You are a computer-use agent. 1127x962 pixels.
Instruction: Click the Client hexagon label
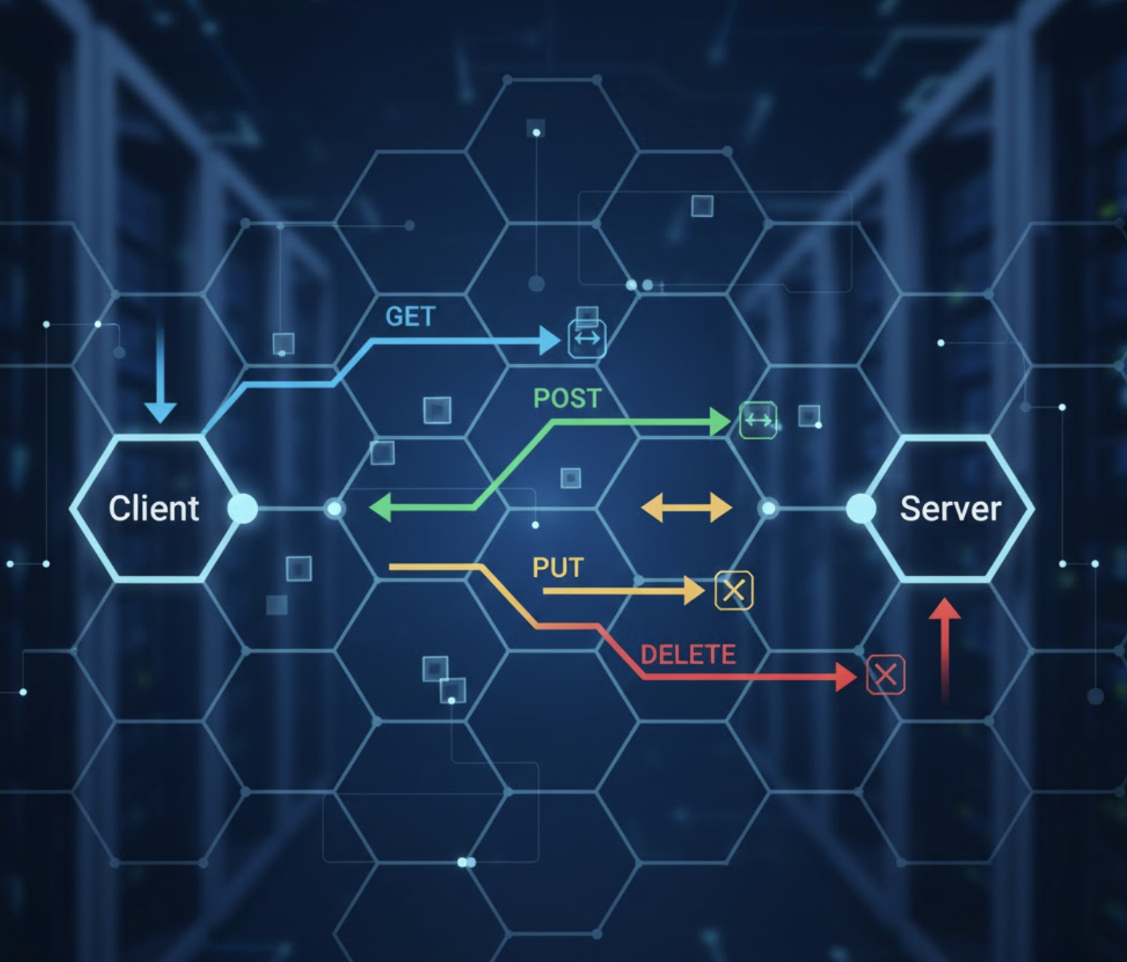tap(154, 508)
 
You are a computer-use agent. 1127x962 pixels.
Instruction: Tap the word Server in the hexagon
tap(950, 508)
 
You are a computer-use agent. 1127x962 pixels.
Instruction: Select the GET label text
tap(410, 317)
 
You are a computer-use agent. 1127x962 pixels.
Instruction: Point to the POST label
tap(568, 398)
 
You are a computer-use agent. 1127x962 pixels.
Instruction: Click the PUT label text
tap(557, 568)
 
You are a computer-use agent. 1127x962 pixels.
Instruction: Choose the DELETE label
tap(688, 654)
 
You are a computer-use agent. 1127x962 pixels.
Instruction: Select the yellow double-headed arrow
tap(686, 508)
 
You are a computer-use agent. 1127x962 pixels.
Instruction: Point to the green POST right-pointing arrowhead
tap(719, 421)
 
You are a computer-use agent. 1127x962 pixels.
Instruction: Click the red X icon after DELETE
tap(886, 674)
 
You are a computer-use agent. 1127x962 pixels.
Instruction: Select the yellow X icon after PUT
tap(734, 591)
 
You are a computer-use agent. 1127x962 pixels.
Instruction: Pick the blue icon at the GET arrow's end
tap(587, 338)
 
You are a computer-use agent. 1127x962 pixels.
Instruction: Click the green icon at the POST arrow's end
tap(759, 420)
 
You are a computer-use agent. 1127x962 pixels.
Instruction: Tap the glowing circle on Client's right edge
tap(242, 508)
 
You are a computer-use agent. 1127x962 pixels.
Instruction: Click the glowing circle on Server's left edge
tap(861, 508)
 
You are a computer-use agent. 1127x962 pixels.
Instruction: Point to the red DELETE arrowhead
tap(846, 677)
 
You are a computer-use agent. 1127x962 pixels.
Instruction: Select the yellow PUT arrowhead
tap(694, 591)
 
